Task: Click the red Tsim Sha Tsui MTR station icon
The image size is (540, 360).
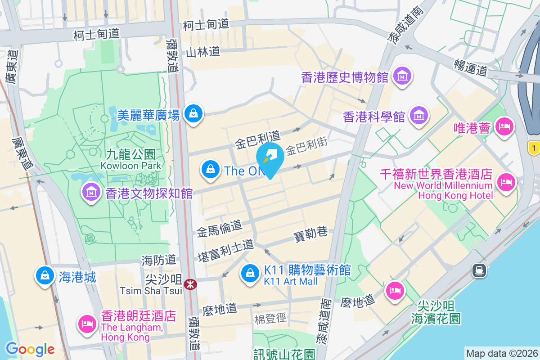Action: [x=190, y=284]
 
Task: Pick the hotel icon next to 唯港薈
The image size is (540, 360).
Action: [x=504, y=126]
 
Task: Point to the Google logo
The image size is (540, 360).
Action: [x=30, y=349]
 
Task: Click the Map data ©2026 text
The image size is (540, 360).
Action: [x=501, y=354]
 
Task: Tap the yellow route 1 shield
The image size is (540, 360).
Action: [x=534, y=148]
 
